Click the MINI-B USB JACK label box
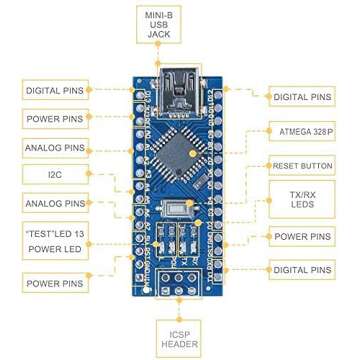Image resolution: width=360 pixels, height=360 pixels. click(159, 24)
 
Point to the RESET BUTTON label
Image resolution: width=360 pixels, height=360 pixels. click(302, 166)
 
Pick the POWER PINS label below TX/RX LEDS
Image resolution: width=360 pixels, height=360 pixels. click(304, 237)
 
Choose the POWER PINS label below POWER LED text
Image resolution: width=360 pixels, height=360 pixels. click(54, 283)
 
